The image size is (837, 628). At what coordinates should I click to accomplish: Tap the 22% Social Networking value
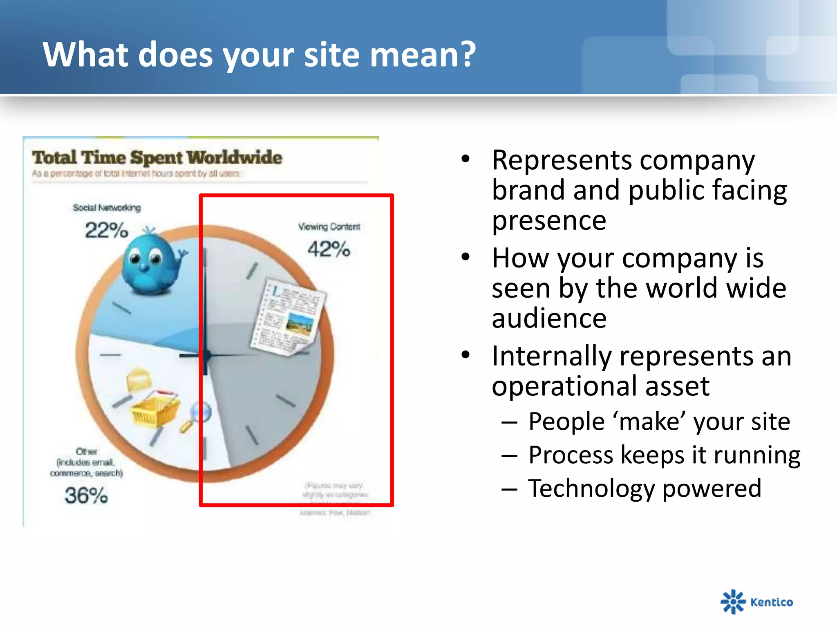(x=106, y=230)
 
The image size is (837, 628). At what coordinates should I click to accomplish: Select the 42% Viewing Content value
(x=329, y=249)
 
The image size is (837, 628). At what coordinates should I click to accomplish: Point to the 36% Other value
(x=86, y=495)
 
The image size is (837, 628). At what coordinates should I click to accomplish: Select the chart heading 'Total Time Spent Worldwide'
(x=157, y=158)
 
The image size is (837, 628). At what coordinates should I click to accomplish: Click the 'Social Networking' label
(x=107, y=208)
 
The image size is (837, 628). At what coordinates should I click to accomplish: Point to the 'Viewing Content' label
(x=329, y=227)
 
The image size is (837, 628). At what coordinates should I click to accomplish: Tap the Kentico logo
(x=756, y=601)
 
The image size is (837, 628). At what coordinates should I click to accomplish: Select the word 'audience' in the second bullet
(x=549, y=318)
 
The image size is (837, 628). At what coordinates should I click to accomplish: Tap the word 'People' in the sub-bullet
(x=566, y=421)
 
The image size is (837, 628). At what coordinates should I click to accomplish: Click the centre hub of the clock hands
(x=206, y=356)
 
